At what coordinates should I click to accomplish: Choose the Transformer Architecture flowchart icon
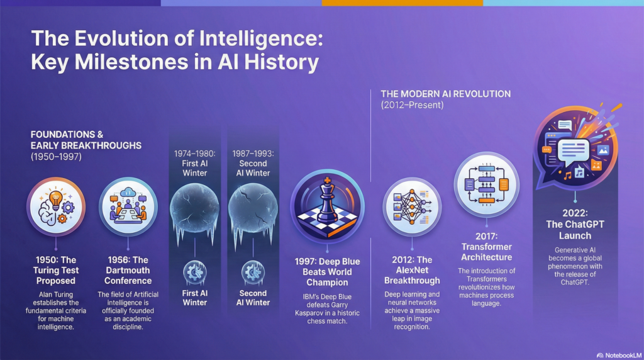[486, 185]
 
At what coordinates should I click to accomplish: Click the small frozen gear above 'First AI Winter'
[195, 273]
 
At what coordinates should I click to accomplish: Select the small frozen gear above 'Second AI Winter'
[253, 273]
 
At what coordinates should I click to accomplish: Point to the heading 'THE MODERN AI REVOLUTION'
[445, 94]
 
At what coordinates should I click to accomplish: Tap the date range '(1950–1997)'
[56, 157]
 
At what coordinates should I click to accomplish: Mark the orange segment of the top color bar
[402, 3]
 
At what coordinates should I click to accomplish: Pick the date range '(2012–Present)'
[413, 105]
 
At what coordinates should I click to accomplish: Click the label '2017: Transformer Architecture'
[486, 252]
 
